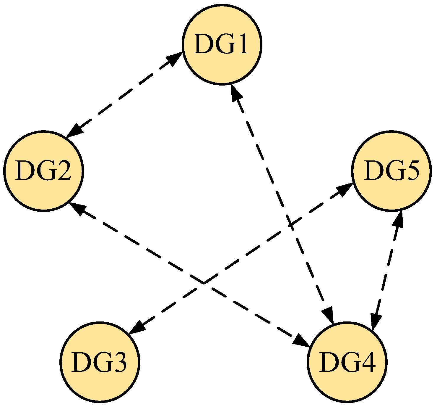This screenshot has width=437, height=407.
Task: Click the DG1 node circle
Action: coord(222,44)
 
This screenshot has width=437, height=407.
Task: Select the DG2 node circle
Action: coord(44,171)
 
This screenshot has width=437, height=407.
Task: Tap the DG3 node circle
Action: coord(100,362)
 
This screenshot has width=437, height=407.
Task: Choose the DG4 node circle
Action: coord(347,362)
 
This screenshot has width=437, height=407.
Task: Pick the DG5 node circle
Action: coord(391,171)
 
